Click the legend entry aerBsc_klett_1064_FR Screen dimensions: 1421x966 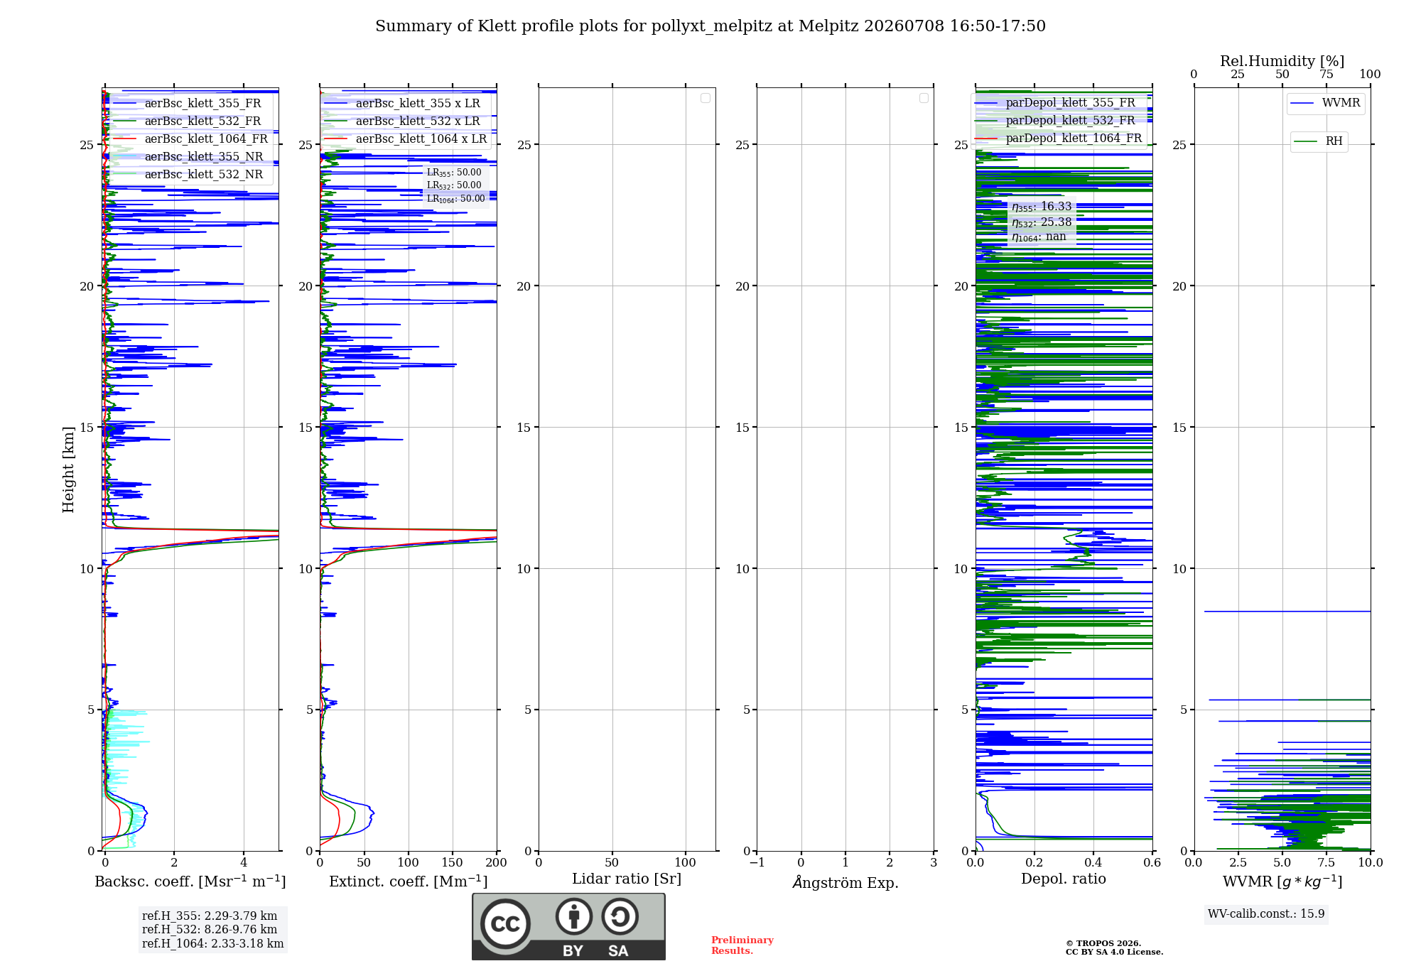190,139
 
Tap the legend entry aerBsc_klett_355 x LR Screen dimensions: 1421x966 401,104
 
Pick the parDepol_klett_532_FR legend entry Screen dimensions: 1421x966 1055,121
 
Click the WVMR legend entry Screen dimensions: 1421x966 1325,103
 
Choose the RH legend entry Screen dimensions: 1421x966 1319,141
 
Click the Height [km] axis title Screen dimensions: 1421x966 68,470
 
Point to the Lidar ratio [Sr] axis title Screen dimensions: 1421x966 627,879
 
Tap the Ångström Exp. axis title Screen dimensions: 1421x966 845,882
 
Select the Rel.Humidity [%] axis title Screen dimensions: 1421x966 1282,61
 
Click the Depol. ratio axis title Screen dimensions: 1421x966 1064,879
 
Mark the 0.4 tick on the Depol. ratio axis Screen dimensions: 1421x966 1093,863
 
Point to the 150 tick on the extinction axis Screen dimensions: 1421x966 453,863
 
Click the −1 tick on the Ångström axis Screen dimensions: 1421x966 757,863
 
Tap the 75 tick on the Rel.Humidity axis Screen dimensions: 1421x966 1327,75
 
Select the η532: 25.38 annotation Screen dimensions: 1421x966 1042,222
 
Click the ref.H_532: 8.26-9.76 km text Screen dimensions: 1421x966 210,930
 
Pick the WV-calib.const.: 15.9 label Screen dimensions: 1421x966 1266,914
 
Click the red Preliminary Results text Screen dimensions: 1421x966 742,945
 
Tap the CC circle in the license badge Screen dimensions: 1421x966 505,924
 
